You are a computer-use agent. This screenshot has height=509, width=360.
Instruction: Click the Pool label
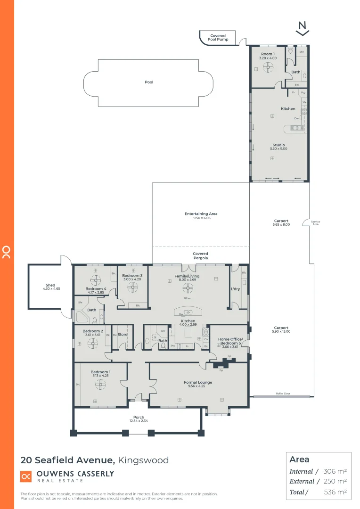(x=149, y=82)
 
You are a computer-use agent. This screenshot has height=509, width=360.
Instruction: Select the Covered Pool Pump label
(x=218, y=38)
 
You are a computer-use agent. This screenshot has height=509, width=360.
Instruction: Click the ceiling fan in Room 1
(x=269, y=68)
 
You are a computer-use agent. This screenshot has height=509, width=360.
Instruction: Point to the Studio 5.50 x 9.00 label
(x=278, y=147)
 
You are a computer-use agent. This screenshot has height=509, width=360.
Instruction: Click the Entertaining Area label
(x=201, y=214)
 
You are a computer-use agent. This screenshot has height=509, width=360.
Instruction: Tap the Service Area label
(x=316, y=223)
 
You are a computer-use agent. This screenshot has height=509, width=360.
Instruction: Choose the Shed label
(x=50, y=285)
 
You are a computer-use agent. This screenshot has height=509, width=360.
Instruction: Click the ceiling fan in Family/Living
(x=188, y=287)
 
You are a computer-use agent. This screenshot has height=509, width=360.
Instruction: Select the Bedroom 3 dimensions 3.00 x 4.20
(x=132, y=279)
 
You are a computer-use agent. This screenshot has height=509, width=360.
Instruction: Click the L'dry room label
(x=236, y=288)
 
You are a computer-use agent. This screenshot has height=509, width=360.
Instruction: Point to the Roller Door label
(x=283, y=394)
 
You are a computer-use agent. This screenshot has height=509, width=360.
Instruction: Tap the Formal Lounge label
(x=198, y=382)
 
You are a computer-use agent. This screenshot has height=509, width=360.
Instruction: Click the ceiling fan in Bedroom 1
(x=100, y=385)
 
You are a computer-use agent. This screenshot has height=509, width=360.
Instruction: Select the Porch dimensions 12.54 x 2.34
(x=139, y=421)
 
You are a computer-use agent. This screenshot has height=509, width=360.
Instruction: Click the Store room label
(x=123, y=335)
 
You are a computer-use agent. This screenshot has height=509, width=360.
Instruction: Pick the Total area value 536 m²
(x=335, y=492)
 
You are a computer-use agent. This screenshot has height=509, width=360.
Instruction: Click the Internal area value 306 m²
(x=335, y=471)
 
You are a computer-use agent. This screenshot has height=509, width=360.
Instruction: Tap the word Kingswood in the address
(x=143, y=460)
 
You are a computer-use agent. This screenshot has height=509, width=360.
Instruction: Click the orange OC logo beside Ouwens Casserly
(x=26, y=476)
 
